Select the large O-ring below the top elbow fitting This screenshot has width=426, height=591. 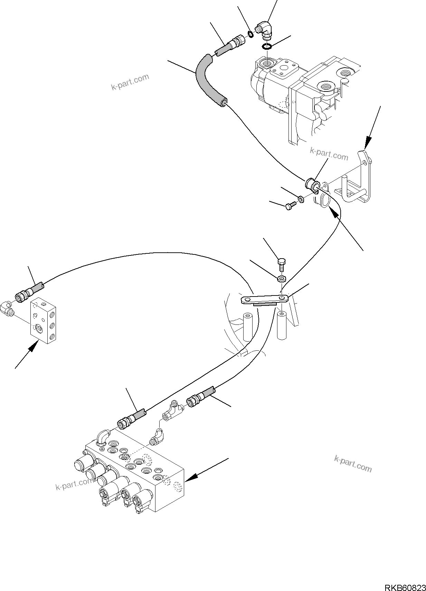266,46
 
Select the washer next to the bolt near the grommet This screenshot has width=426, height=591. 301,199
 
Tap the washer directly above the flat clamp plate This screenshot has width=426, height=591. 282,278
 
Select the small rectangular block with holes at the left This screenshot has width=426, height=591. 45,320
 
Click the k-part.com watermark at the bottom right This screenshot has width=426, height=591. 353,463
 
